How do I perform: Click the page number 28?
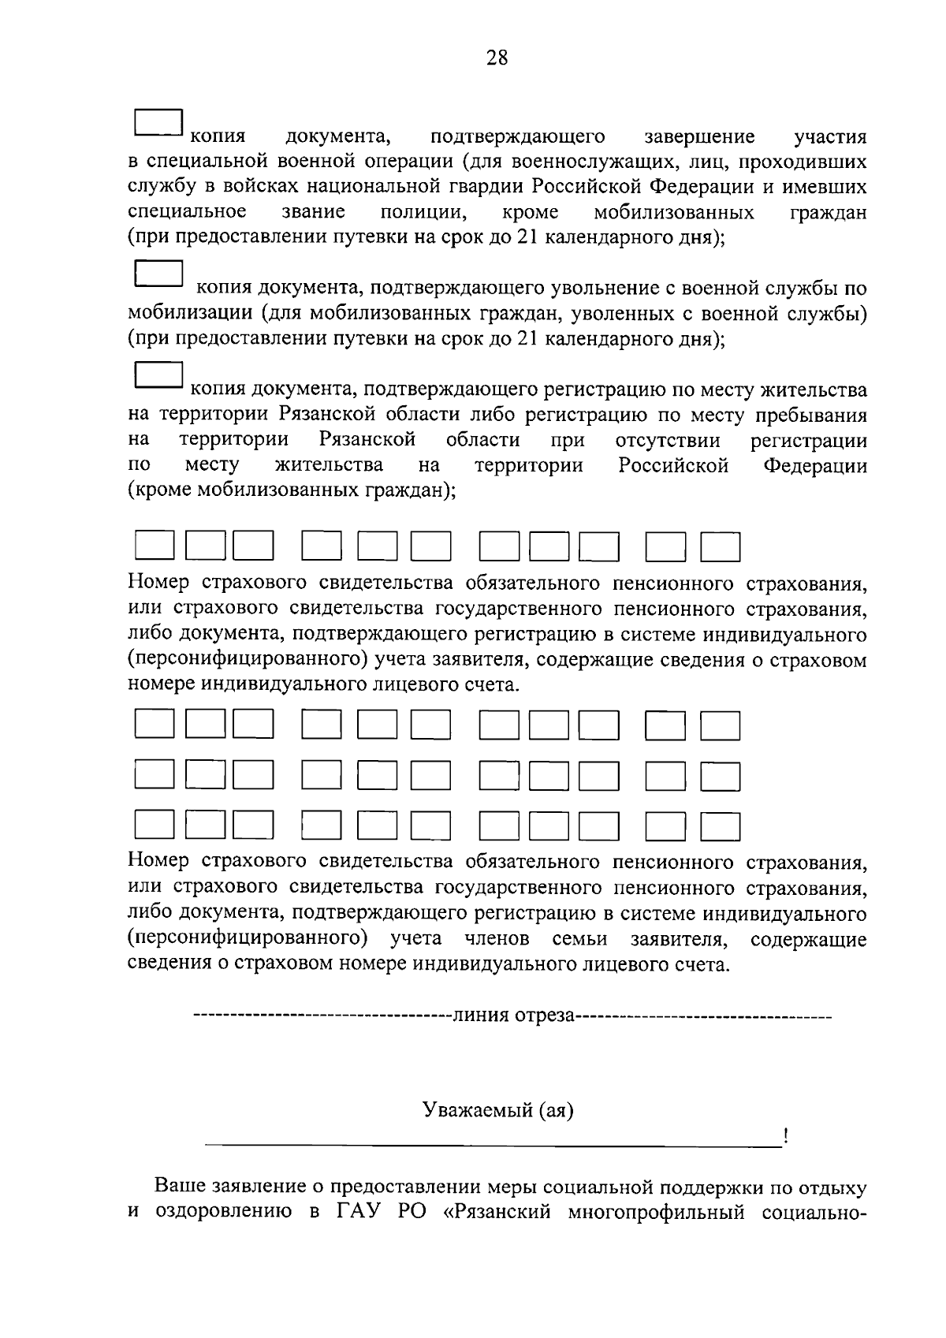497,58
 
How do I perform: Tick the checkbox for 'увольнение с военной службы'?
158,273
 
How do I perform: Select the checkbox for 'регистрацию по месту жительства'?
158,375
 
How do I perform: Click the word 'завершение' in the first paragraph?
699,137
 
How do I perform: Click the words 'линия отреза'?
512,1015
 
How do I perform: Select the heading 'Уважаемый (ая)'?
498,1110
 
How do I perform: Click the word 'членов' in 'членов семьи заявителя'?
497,939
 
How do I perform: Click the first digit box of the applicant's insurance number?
154,546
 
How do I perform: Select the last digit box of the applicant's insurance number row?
721,546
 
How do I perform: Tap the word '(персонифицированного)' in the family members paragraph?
248,939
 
